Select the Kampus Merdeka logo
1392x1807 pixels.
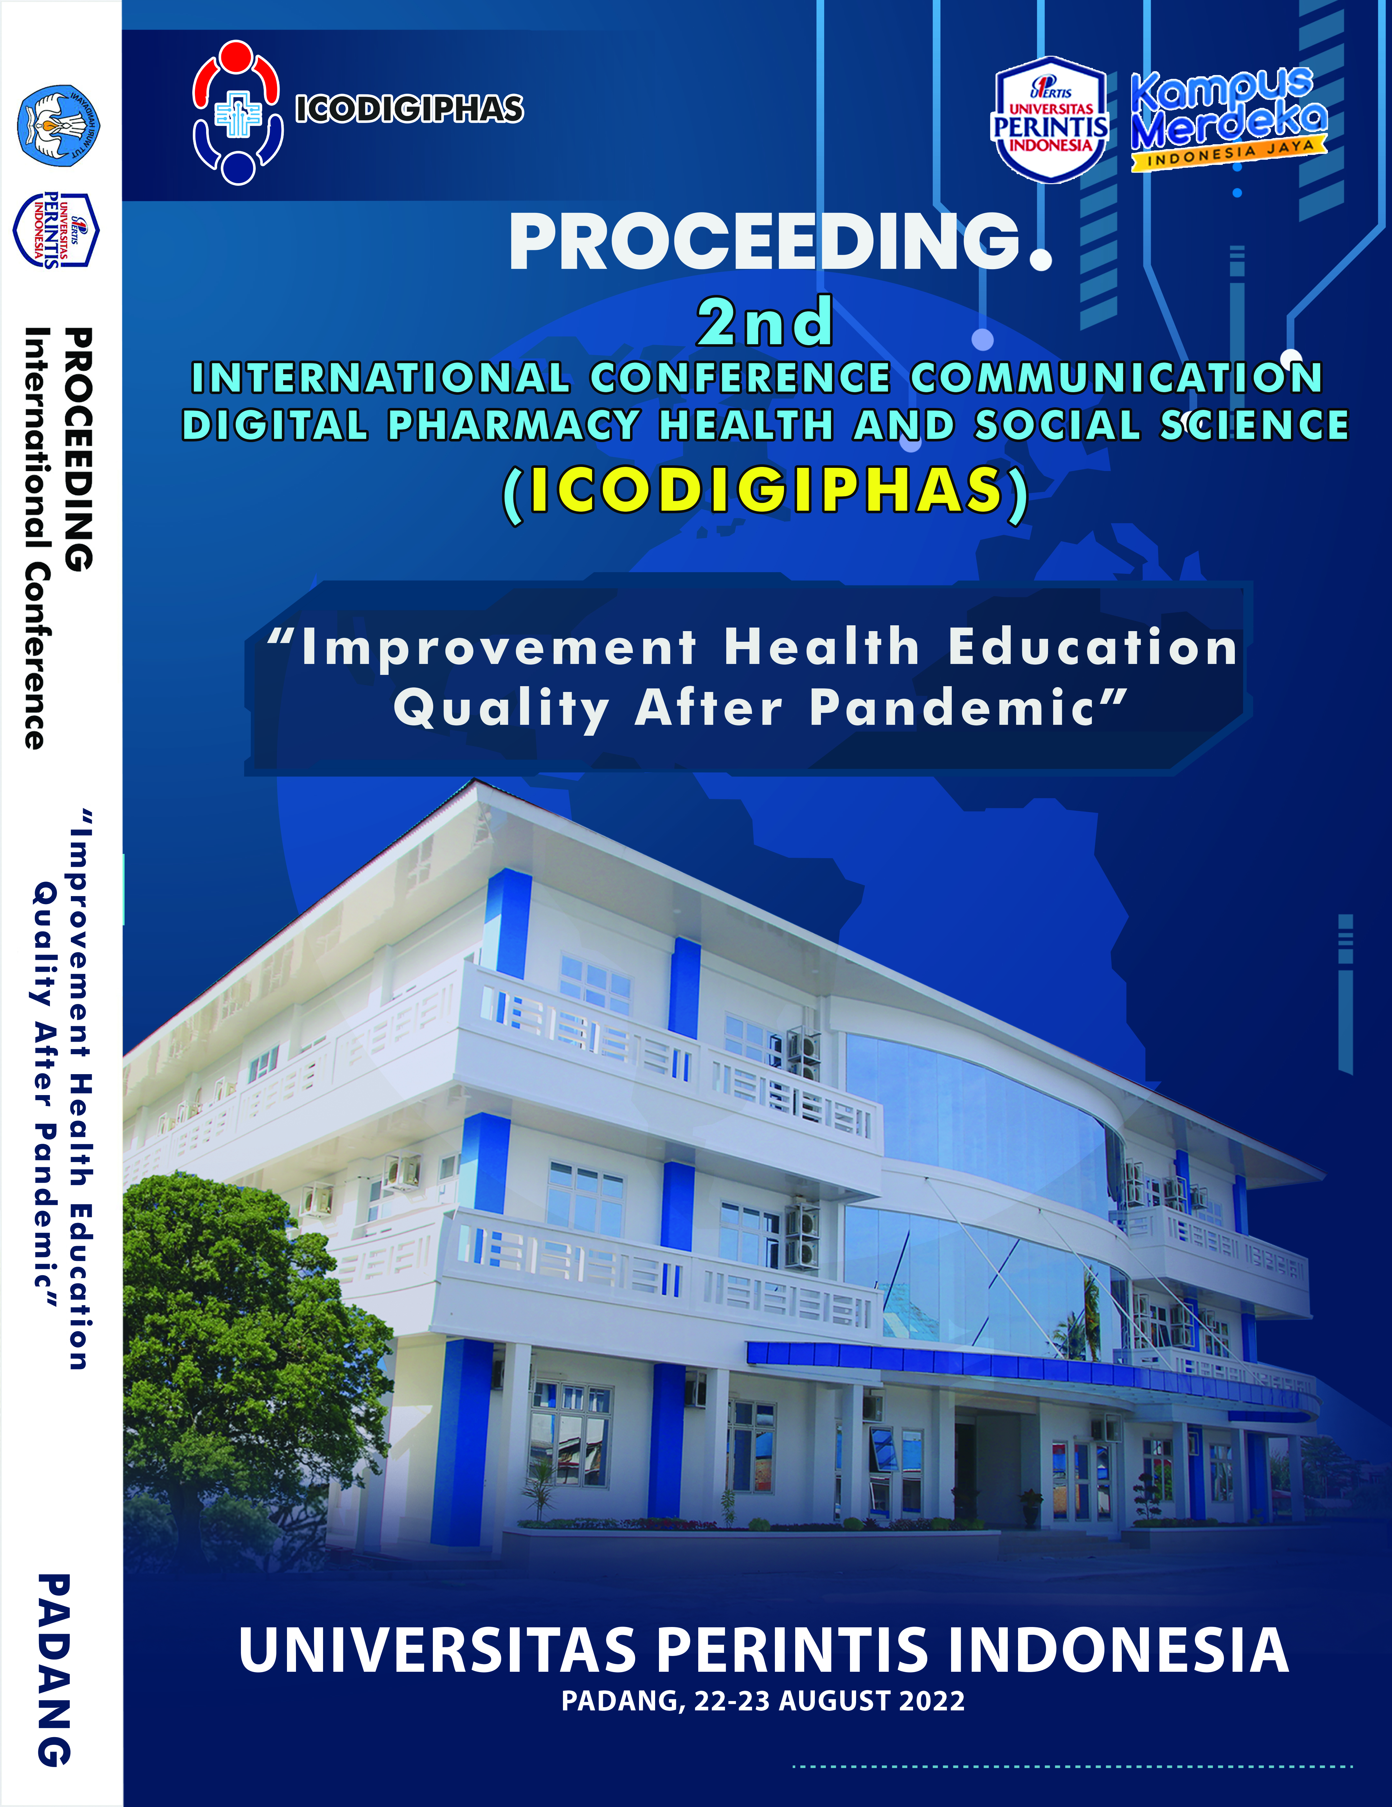[x=1228, y=118]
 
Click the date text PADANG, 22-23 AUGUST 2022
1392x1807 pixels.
[x=763, y=1700]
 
